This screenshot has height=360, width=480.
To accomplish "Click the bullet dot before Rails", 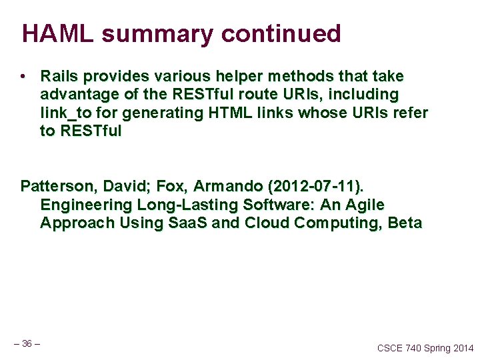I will pos(24,77).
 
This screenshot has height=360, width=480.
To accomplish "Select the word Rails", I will pos(59,77).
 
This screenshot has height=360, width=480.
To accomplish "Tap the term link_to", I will pos(66,113).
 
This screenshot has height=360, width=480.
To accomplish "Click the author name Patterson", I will pos(58,186).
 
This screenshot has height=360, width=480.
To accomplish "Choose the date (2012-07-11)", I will pos(310,186).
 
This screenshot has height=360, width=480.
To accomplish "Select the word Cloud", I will pos(268,222).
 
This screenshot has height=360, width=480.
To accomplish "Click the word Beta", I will pos(405,222).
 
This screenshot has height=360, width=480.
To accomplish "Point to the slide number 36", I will pos(27,343).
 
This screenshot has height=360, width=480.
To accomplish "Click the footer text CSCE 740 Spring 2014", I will pos(425,348).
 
